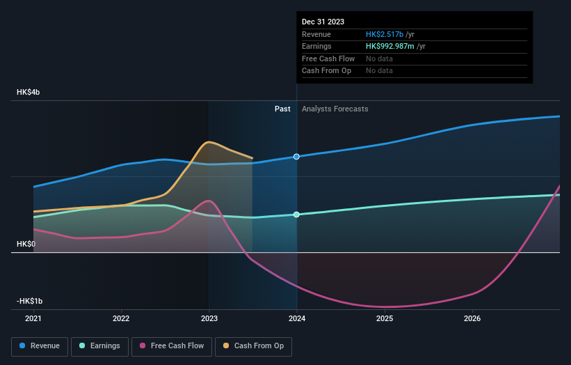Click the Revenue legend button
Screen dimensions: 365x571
[40, 345]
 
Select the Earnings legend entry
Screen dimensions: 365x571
[99, 345]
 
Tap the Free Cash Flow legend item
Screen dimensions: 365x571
[172, 345]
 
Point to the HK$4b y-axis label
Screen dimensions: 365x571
[29, 93]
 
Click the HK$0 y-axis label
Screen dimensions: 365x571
[26, 244]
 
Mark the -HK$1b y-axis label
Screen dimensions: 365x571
[29, 301]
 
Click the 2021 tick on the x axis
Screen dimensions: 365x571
[33, 318]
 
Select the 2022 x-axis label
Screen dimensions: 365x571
[121, 318]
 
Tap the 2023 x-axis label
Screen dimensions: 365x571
[209, 318]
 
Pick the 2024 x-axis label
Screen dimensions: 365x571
[297, 318]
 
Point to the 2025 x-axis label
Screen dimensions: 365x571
[385, 318]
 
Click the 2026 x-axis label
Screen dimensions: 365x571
[472, 318]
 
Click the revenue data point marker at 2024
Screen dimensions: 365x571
[297, 157]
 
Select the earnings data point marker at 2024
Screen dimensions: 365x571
[297, 215]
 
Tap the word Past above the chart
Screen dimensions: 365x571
[282, 109]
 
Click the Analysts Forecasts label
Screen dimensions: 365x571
[335, 109]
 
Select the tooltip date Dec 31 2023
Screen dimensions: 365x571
[323, 22]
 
